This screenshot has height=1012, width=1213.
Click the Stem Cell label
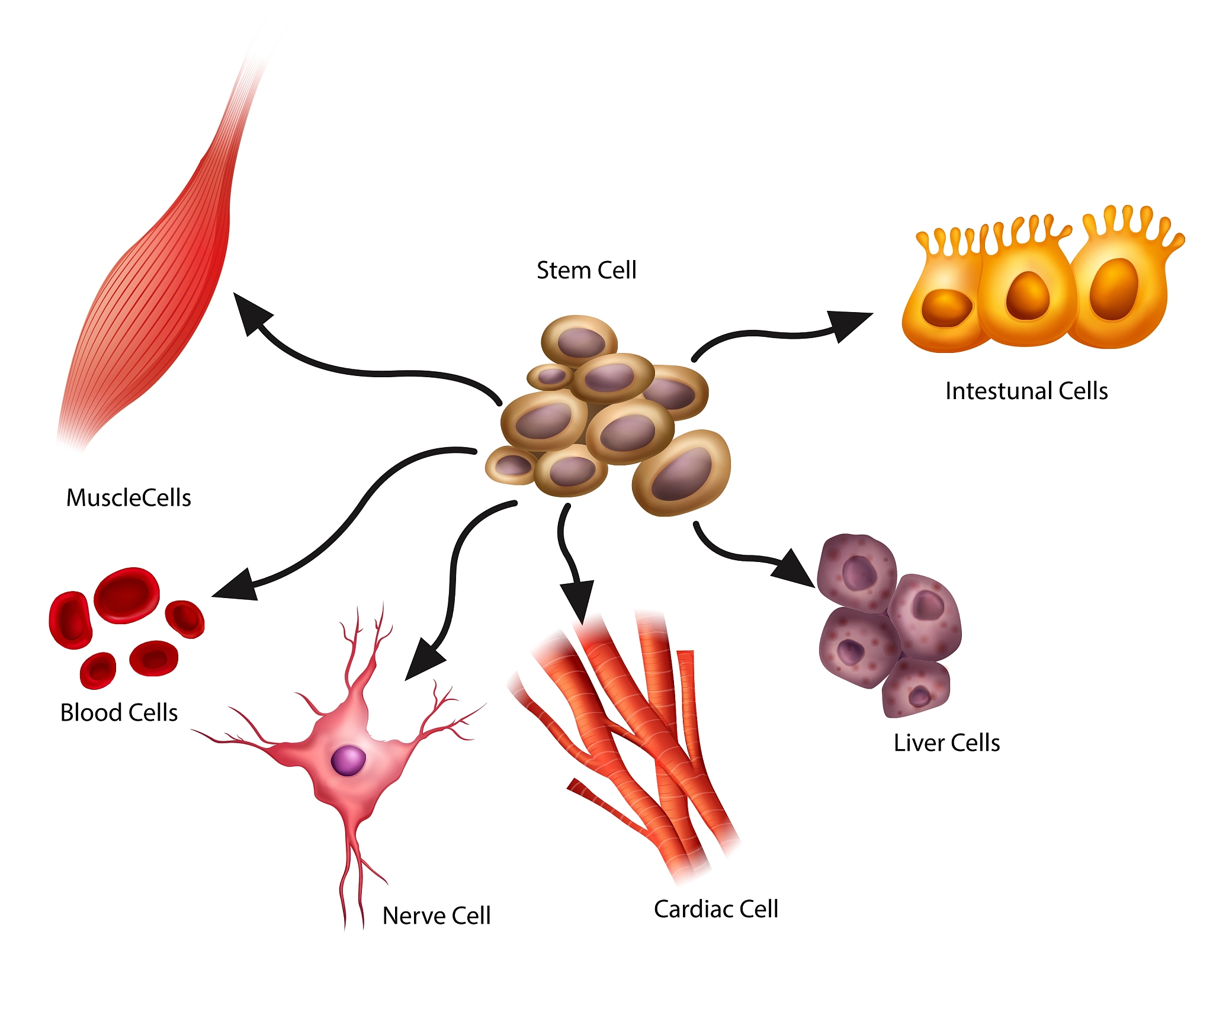586,271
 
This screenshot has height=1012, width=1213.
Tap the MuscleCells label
129,498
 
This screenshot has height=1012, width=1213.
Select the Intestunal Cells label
1026,391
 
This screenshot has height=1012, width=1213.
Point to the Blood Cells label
118,712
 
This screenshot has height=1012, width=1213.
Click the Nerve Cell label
437,915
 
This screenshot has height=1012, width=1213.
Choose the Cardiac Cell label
715,909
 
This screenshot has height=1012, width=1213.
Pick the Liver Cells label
946,743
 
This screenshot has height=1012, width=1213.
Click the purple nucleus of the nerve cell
348,760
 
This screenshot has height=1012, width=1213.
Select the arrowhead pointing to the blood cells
237,586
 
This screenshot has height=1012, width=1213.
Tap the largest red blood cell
126,595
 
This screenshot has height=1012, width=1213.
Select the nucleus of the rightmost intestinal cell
1113,288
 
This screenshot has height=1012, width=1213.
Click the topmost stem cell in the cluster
579,340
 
